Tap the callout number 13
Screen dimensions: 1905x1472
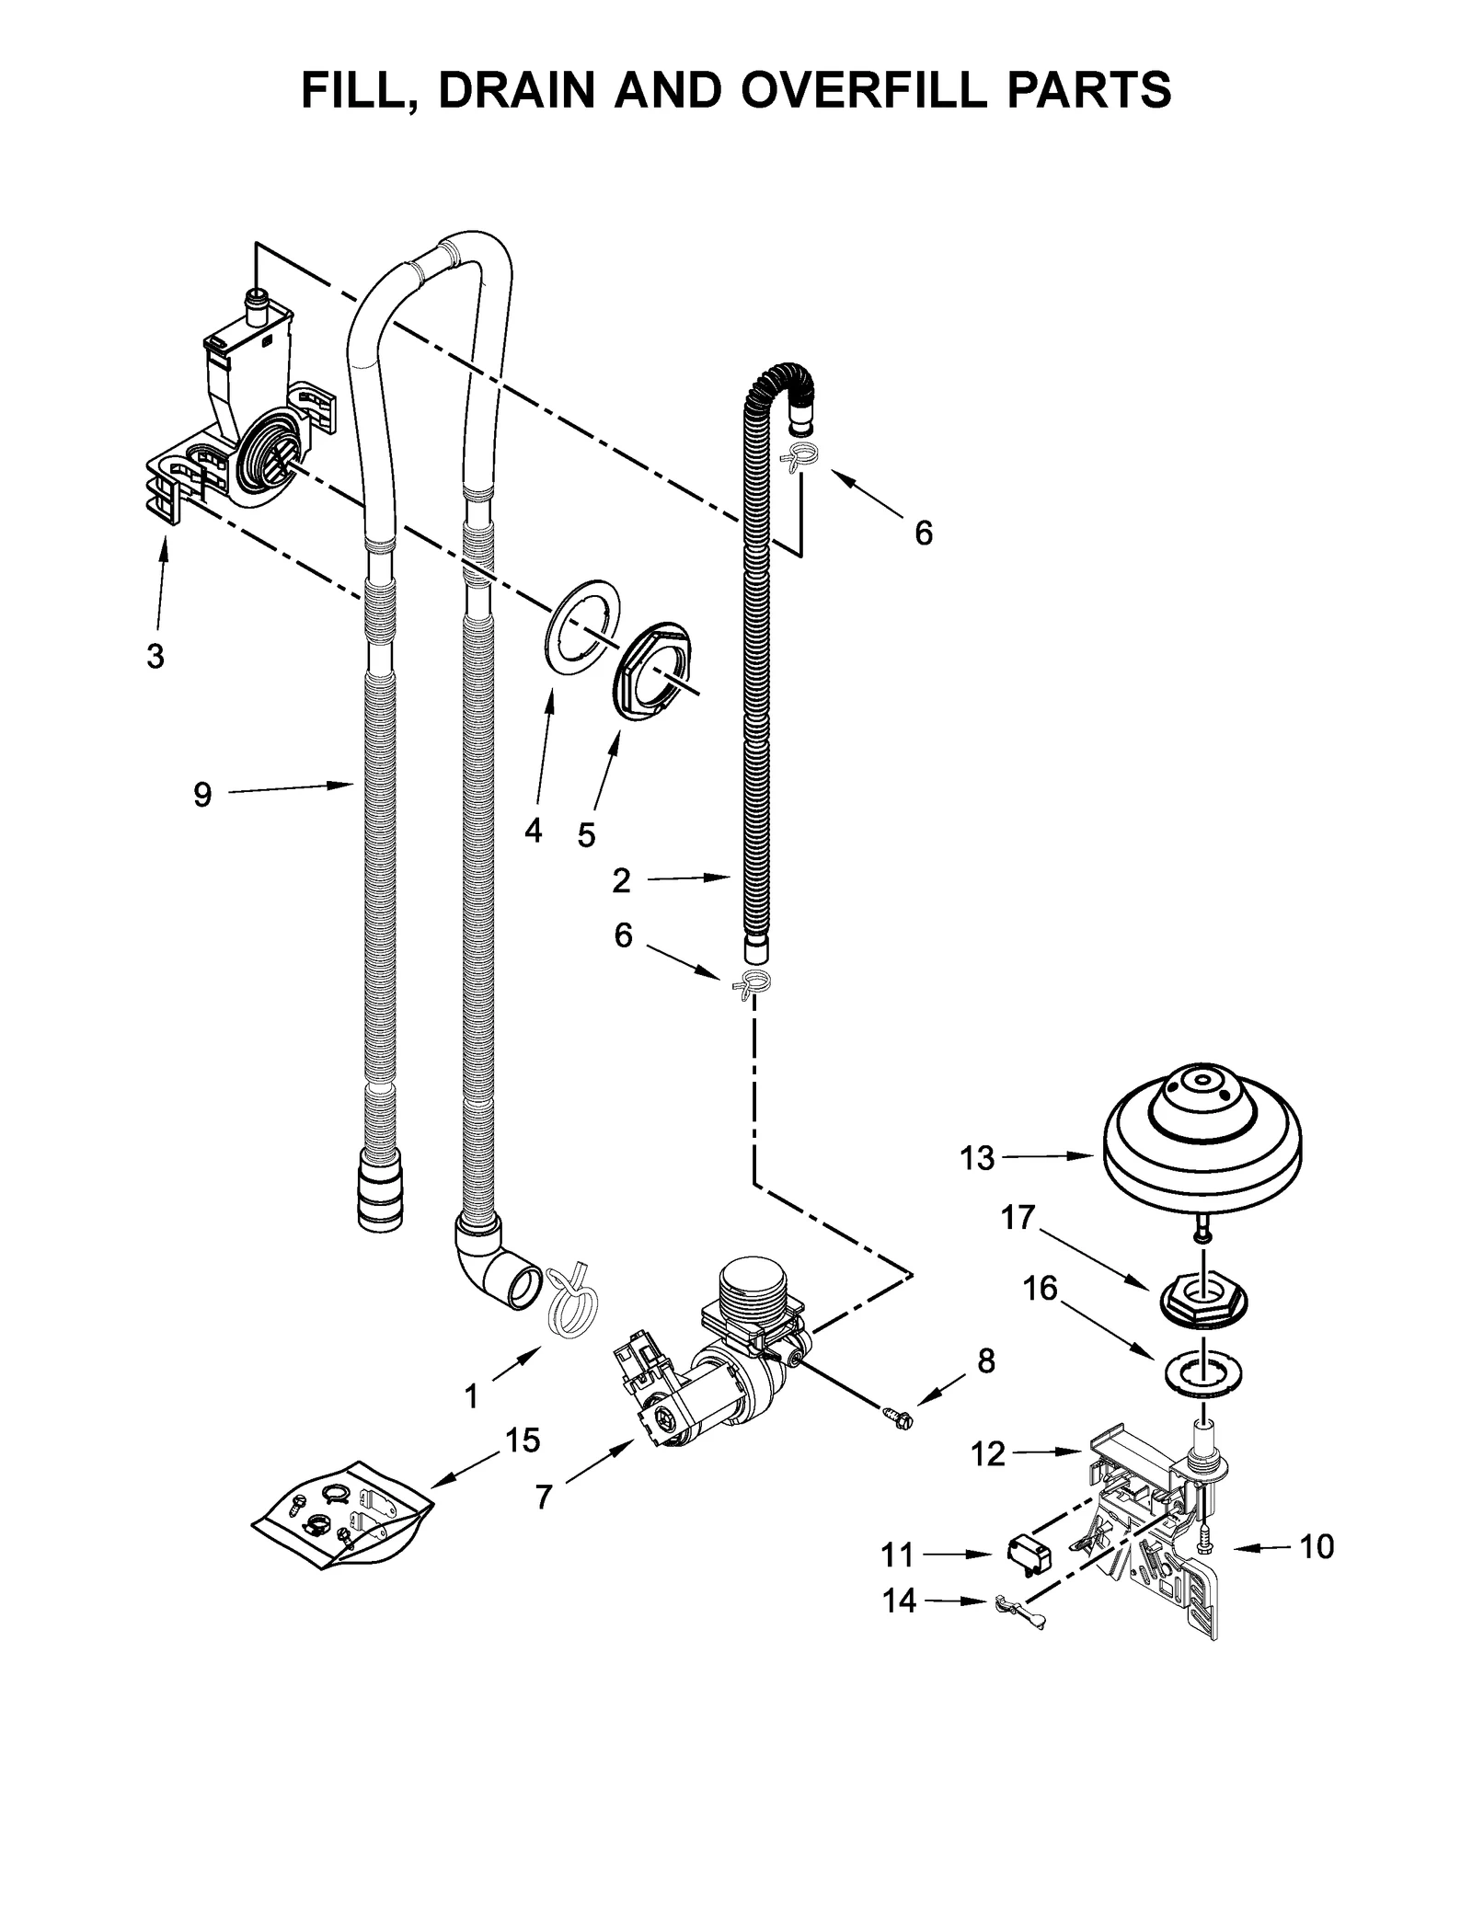(x=977, y=1158)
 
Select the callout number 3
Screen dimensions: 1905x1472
(x=155, y=656)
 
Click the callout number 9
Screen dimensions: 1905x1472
(x=202, y=794)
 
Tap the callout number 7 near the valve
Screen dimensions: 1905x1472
(x=544, y=1498)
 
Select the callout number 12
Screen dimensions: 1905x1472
(x=988, y=1453)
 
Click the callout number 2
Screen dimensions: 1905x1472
(x=622, y=880)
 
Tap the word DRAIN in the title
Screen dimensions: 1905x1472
(x=518, y=89)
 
